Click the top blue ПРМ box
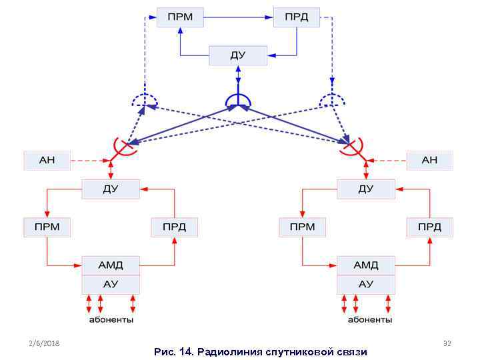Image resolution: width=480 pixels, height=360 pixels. [180, 17]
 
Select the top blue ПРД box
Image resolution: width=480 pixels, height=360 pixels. [296, 17]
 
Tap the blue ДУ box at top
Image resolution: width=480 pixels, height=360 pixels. [238, 55]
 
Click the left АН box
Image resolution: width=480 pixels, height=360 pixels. [47, 160]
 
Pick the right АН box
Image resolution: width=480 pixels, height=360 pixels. [429, 160]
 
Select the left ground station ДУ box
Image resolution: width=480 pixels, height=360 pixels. [111, 189]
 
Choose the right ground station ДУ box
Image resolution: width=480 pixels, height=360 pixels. [366, 189]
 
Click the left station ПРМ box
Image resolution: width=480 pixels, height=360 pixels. [47, 227]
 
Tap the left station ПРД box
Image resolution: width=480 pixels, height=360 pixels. [174, 227]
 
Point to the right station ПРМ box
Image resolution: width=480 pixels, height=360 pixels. [302, 227]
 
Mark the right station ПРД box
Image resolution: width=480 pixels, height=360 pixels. [429, 227]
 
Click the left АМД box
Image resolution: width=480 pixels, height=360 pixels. [111, 265]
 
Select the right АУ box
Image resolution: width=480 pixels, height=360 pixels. [366, 284]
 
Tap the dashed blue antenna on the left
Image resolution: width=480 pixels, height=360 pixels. [144, 100]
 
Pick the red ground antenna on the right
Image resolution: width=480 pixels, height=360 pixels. [352, 147]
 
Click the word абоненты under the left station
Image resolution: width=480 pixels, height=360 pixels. [111, 319]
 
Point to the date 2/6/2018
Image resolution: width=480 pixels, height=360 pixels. [44, 343]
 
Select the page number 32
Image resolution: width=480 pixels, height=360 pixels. [447, 343]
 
